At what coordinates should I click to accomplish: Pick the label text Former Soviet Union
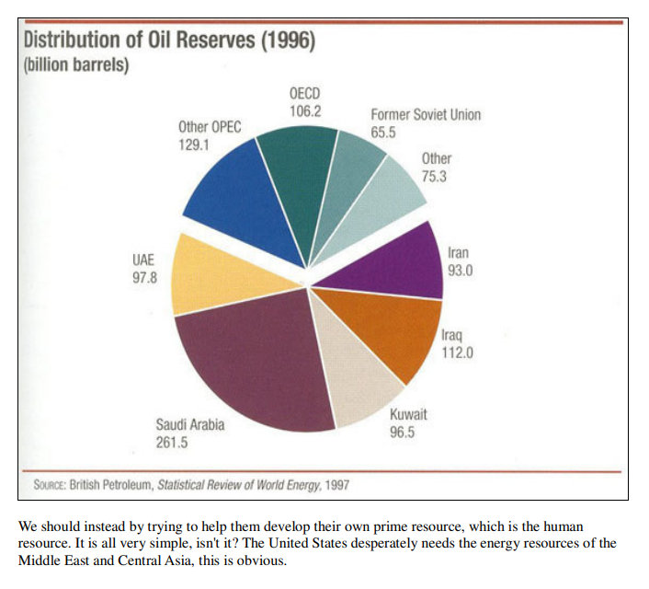pyautogui.click(x=426, y=115)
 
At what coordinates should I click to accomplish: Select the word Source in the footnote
pyautogui.click(x=52, y=483)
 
